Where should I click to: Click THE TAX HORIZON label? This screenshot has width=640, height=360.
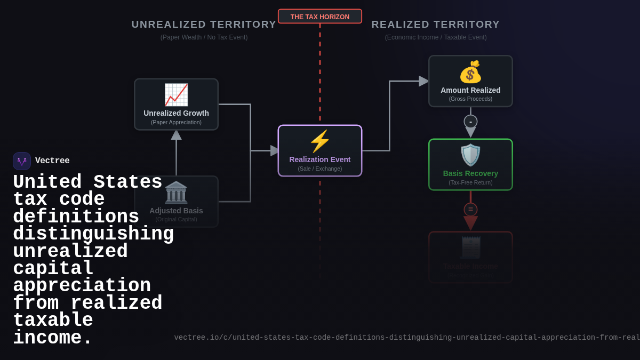[320, 17]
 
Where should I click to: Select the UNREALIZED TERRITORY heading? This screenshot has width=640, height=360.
[204, 25]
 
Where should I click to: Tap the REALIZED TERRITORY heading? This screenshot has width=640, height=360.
[435, 25]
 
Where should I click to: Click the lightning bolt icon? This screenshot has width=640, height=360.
[319, 141]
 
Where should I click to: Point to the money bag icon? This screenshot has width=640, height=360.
[470, 72]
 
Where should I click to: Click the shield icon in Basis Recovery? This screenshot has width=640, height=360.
[470, 155]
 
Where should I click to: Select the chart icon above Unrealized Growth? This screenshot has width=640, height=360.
[176, 95]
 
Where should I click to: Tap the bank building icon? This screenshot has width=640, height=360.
[176, 192]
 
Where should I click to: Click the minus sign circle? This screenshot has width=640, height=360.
[470, 122]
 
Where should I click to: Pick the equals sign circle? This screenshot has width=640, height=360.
[470, 210]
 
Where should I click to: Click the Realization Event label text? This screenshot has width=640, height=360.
[320, 159]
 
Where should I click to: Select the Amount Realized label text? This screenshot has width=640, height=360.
[470, 90]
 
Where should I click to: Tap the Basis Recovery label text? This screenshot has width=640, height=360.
[470, 173]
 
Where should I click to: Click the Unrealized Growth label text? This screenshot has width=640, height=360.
[176, 113]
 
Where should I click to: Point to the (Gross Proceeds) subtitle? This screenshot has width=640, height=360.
[470, 99]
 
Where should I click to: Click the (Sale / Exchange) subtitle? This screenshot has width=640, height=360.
[320, 169]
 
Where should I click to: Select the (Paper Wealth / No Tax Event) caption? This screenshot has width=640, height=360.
[204, 37]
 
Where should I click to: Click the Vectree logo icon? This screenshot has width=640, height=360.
[22, 161]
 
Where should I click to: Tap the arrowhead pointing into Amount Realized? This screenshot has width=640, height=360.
[424, 81]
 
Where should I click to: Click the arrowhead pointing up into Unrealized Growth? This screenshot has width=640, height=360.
[176, 135]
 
